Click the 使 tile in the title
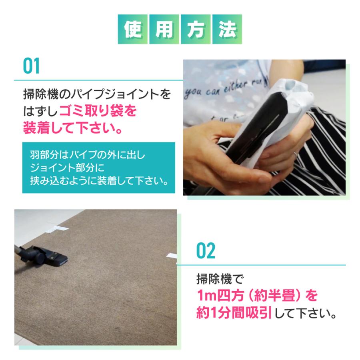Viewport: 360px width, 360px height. (133, 29)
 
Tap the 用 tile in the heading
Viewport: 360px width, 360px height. (164, 29)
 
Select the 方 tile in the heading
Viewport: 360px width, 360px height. (196, 29)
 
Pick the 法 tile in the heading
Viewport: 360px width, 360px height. (227, 29)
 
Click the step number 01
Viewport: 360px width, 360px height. (31, 66)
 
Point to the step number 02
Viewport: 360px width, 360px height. (206, 250)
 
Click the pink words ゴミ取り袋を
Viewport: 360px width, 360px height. (98, 110)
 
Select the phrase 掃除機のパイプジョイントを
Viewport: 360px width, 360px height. (96, 94)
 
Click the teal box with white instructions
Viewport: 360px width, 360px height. (98, 168)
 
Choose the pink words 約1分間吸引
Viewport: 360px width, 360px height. (234, 312)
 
